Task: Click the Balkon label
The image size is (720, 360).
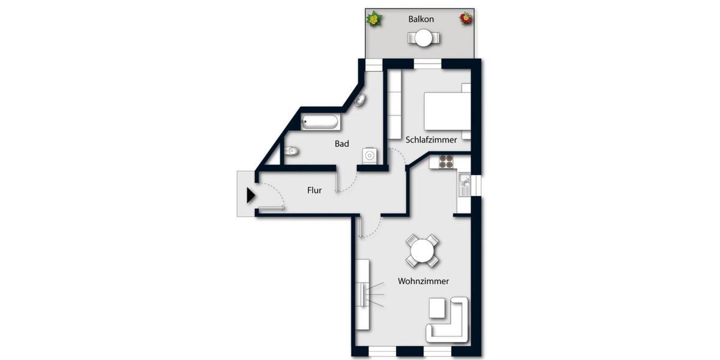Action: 421,19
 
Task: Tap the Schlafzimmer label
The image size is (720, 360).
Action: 431,140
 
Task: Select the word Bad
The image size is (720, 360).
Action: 342,144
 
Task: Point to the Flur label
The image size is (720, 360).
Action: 314,190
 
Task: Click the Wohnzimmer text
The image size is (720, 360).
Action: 423,281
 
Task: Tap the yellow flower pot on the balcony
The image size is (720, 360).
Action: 375,19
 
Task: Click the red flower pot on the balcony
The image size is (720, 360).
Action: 466,19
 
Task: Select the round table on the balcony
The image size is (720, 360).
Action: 424,38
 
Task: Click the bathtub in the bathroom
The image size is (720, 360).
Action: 320,122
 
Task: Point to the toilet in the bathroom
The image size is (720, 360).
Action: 290,150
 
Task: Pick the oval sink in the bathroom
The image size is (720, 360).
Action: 360,100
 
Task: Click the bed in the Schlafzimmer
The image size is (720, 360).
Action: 446,111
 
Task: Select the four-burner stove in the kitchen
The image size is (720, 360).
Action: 445,161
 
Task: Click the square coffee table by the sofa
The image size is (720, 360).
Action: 437,309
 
